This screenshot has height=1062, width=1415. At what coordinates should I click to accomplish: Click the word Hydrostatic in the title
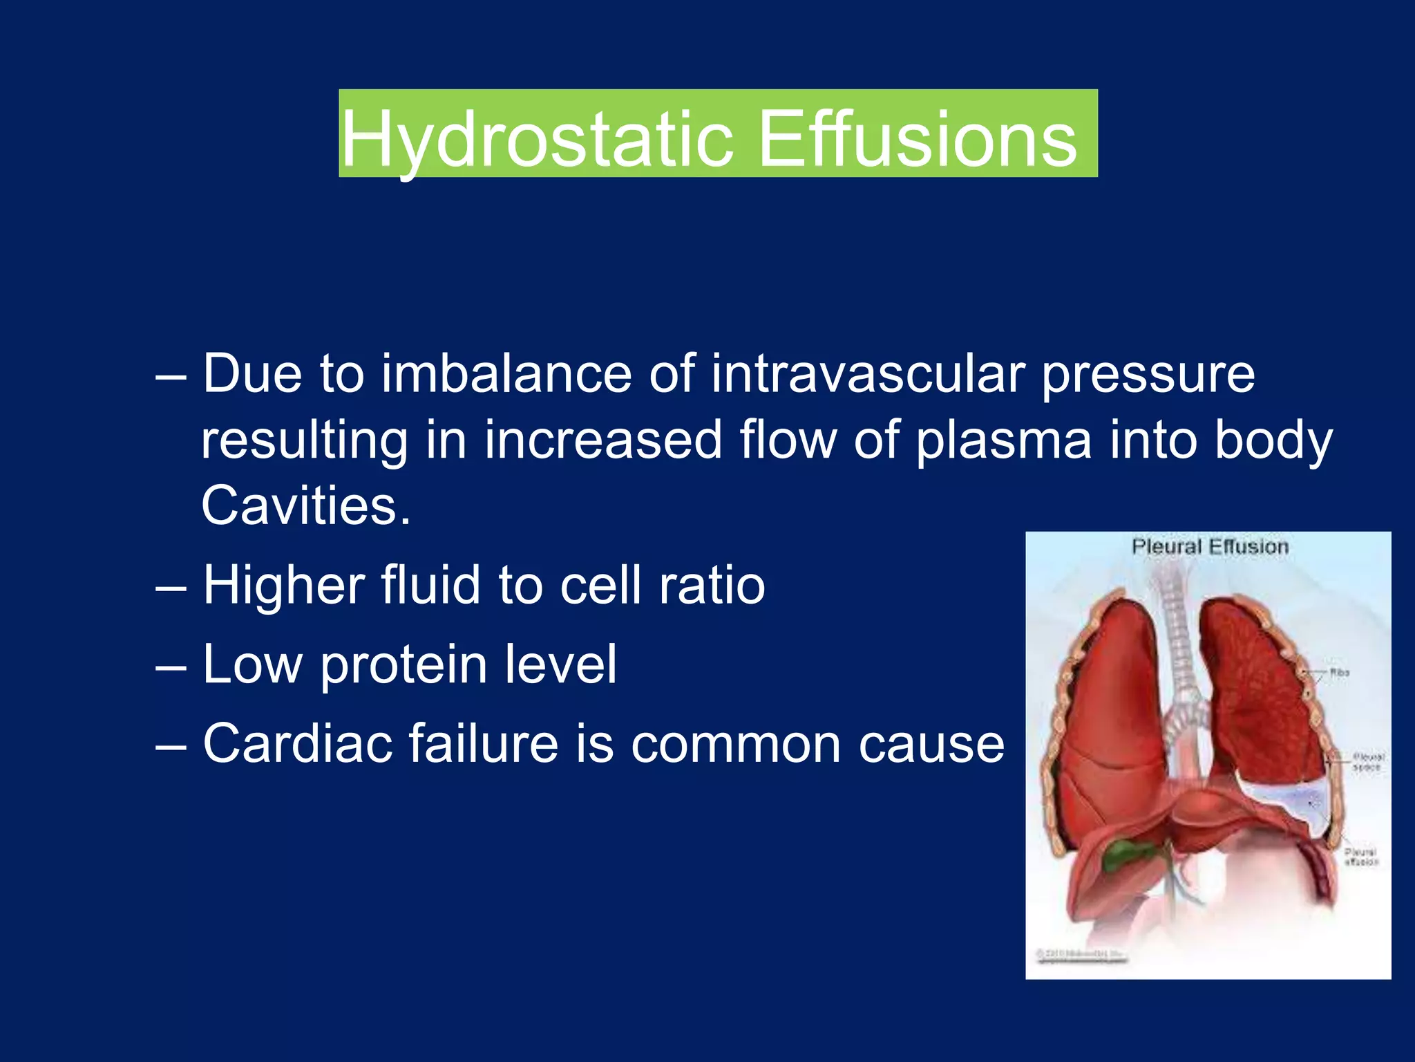click(536, 140)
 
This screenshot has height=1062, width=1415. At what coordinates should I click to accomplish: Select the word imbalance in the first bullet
click(506, 374)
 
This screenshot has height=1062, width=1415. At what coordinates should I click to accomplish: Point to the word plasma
click(1004, 440)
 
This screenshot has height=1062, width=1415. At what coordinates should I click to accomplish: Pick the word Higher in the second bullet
click(283, 586)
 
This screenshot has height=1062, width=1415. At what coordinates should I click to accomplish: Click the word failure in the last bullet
click(483, 743)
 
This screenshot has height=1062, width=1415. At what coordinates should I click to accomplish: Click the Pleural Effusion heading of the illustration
click(1210, 547)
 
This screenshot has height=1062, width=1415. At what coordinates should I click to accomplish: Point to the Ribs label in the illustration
click(1340, 672)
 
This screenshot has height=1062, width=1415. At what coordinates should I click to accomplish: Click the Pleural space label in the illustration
click(1367, 762)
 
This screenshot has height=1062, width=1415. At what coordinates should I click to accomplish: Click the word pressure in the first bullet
click(1148, 374)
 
